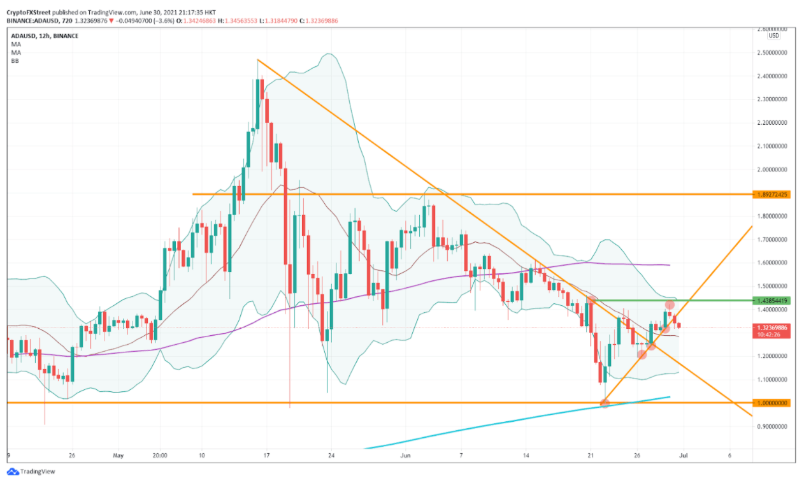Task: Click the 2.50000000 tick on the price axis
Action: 773,53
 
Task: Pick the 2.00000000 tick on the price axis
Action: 773,169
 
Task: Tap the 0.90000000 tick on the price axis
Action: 773,426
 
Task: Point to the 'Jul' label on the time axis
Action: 683,456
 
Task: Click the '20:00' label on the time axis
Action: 160,456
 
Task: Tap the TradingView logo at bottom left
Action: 30,472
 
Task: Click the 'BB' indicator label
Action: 14,61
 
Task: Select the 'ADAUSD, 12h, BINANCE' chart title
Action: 45,36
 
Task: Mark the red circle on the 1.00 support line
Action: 605,403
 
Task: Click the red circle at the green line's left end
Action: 591,299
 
